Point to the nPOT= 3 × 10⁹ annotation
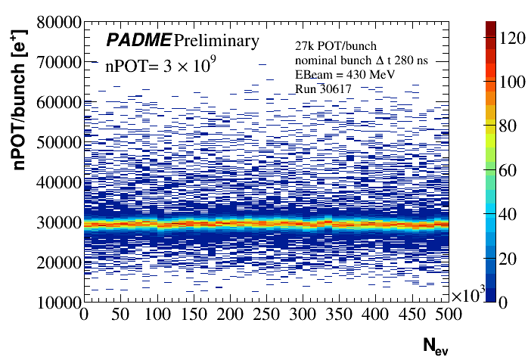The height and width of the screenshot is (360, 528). [160, 67]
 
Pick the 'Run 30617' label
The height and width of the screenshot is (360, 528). [320, 89]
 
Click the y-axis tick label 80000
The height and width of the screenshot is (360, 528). [55, 22]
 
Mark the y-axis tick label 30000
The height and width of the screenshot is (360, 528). [55, 222]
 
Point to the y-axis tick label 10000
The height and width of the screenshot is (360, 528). [55, 303]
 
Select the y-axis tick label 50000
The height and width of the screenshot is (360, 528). [55, 142]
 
